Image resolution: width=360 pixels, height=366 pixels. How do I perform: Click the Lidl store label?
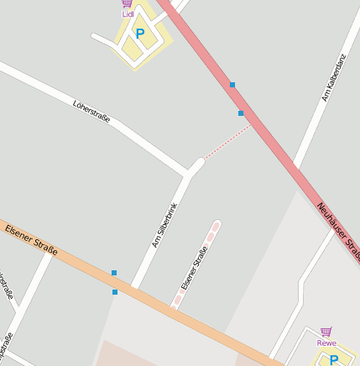pyautogui.click(x=128, y=14)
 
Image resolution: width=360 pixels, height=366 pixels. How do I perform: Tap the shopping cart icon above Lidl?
pyautogui.click(x=128, y=3)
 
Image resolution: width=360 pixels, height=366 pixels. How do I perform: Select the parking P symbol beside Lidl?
pyautogui.click(x=140, y=34)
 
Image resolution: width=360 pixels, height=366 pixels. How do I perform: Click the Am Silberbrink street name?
pyautogui.click(x=164, y=226)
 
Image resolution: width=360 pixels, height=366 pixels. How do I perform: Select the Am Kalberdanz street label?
pyautogui.click(x=333, y=78)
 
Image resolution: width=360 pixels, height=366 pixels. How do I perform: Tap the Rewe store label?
pyautogui.click(x=326, y=342)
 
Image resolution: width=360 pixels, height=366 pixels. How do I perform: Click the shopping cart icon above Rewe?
pyautogui.click(x=326, y=332)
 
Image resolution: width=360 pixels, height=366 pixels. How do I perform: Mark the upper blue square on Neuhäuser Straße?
pyautogui.click(x=232, y=85)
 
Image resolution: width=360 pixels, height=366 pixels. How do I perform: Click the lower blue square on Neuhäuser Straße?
pyautogui.click(x=241, y=112)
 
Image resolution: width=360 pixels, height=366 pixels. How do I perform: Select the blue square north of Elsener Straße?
pyautogui.click(x=114, y=273)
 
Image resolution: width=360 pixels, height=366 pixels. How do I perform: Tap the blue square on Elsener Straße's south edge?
pyautogui.click(x=115, y=292)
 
